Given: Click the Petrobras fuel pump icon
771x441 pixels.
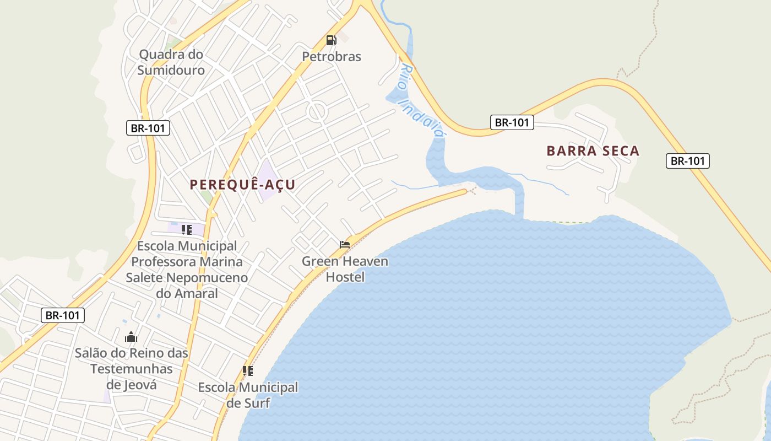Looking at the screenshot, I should click(331, 40).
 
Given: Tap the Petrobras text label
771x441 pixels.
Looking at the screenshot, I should click(332, 56).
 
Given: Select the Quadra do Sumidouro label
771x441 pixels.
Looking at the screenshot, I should click(171, 62).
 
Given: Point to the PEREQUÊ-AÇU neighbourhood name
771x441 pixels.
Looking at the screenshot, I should click(242, 185).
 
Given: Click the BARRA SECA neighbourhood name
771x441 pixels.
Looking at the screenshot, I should click(593, 151).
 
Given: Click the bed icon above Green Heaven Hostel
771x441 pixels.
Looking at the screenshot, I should click(345, 244).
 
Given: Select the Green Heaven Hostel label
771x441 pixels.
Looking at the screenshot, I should click(345, 269).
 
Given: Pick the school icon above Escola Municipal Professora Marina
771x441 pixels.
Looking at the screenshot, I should click(187, 229).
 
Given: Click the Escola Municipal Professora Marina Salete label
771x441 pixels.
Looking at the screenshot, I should click(187, 270).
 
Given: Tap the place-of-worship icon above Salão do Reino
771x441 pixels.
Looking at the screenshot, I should click(131, 337).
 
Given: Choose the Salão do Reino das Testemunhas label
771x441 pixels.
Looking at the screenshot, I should click(132, 369).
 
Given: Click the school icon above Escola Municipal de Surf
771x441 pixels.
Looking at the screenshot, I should click(248, 371).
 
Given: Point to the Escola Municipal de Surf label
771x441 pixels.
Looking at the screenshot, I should click(248, 395).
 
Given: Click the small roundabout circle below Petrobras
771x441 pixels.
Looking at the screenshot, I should click(317, 112).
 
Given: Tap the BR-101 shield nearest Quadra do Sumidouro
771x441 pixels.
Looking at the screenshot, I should click(148, 128).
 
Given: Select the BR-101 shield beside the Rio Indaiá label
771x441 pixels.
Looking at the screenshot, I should click(512, 122).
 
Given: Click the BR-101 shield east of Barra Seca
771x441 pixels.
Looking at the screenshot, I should click(687, 161).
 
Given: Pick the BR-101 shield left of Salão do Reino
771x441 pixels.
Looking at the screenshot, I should click(63, 315).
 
